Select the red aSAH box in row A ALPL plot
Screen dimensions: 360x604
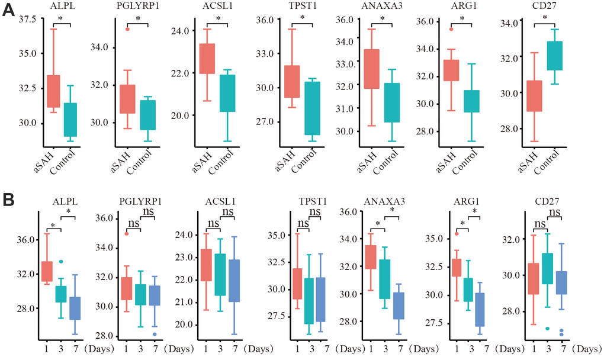coord(54,91)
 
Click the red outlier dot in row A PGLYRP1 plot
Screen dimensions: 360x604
coord(127,29)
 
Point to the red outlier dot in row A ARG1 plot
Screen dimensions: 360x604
coord(451,28)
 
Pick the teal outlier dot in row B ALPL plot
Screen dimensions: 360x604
coord(60,261)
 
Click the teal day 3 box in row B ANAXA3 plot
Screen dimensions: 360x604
coord(384,279)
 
